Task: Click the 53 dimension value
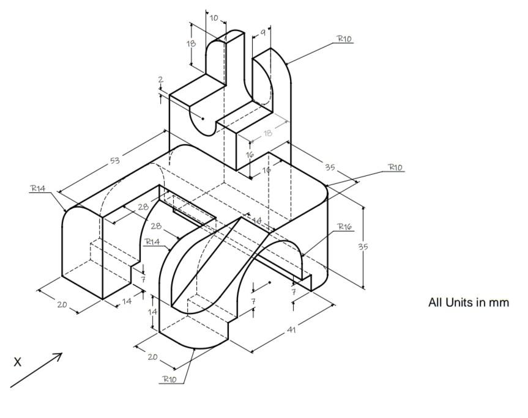coord(115,161)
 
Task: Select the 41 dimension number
coord(292,330)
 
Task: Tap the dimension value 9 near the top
coord(262,33)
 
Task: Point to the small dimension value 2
coord(160,79)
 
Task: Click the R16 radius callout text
coord(344,227)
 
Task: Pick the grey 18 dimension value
coord(268,133)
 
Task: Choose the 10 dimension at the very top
coord(214,18)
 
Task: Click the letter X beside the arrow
coord(18,362)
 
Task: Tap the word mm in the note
coord(499,302)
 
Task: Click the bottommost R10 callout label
coord(169,379)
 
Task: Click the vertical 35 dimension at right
coord(363,247)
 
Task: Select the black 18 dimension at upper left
coord(191,44)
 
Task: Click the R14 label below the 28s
coord(152,242)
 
